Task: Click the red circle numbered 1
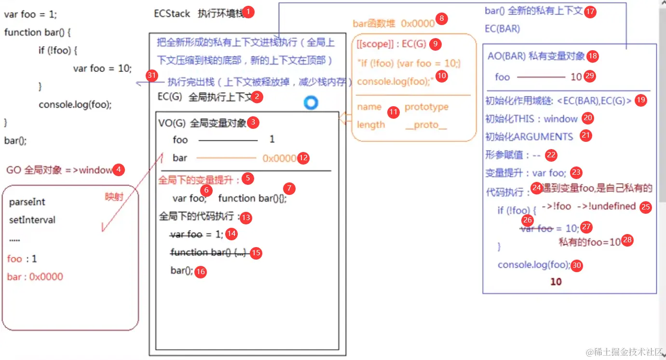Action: [x=248, y=11]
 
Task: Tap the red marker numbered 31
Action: [x=152, y=76]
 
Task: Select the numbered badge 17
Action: [x=590, y=12]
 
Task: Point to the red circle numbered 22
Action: [x=551, y=155]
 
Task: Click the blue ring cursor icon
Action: [x=311, y=102]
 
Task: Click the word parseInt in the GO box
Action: [x=27, y=202]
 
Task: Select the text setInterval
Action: [x=32, y=220]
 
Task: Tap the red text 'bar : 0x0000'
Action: [x=35, y=277]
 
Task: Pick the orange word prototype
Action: [x=426, y=107]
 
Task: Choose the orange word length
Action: [x=371, y=125]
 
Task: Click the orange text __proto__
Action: [x=426, y=125]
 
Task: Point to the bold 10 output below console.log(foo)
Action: [x=556, y=281]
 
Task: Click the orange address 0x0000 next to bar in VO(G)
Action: [x=279, y=158]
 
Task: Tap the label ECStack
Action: [x=172, y=14]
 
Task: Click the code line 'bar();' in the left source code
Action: [x=15, y=141]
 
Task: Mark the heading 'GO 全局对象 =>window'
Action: [x=59, y=170]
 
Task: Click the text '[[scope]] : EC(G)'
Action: [x=392, y=44]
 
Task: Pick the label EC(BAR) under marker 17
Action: [x=502, y=29]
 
